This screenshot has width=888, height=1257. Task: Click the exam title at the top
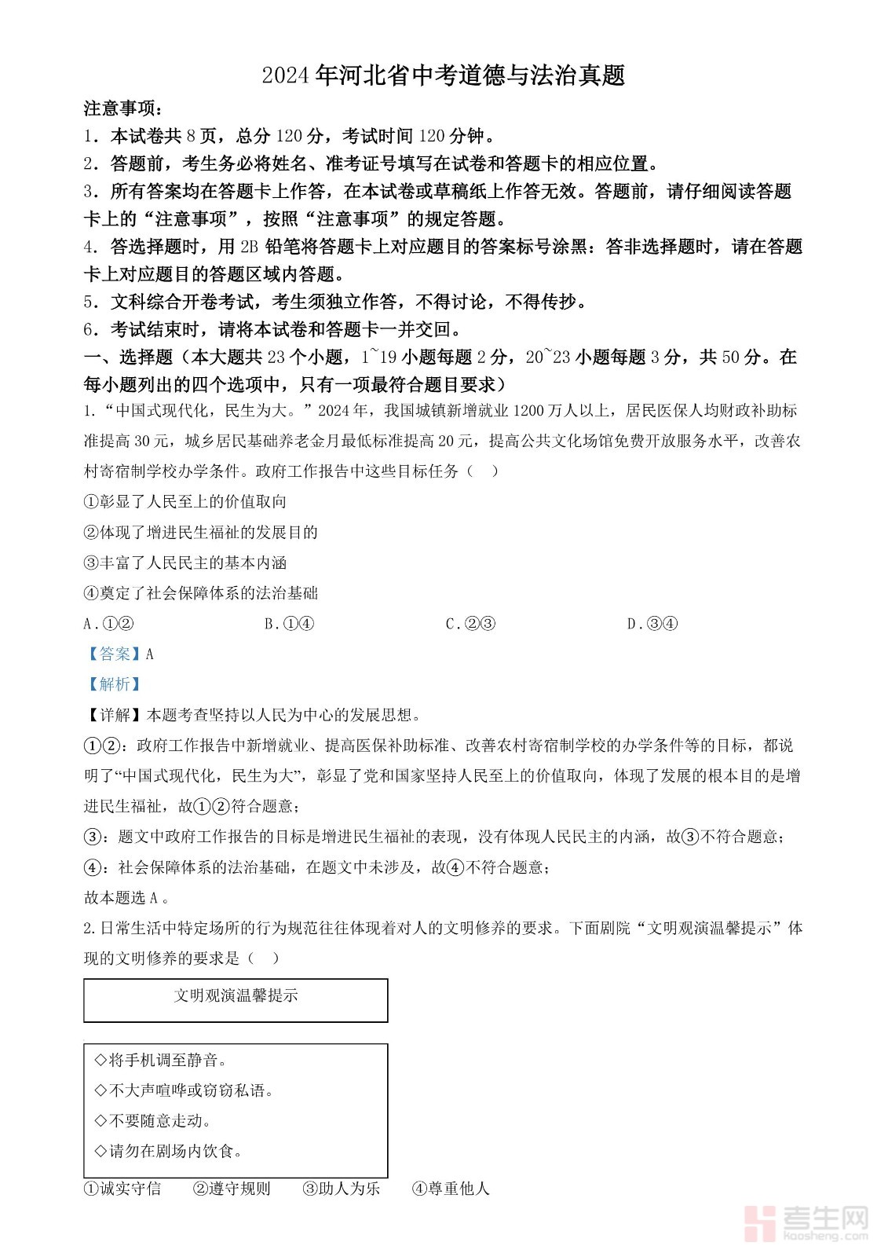(444, 75)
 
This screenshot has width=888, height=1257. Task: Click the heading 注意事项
(124, 108)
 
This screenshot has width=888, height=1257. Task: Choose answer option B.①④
(289, 624)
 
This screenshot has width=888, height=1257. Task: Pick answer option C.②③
(470, 624)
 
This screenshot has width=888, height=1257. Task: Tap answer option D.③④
(652, 624)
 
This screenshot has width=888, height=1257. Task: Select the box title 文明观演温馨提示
(236, 996)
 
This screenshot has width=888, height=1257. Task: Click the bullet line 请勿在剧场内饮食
(168, 1151)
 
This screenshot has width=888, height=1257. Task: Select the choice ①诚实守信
(122, 1189)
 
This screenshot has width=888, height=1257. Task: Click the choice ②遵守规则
(232, 1189)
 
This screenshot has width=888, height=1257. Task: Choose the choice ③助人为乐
(341, 1189)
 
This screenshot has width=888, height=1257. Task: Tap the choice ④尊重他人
(451, 1189)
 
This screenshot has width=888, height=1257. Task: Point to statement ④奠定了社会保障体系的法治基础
(201, 593)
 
